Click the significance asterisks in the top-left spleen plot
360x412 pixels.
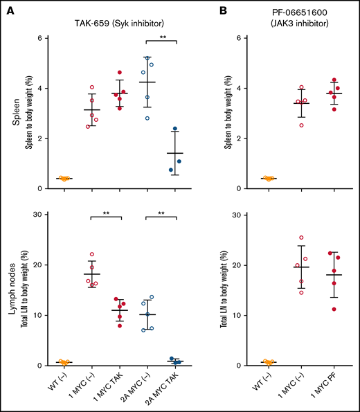coord(161,37)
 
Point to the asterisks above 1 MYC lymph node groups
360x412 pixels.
coord(106,214)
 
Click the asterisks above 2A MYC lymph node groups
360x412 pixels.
coord(161,214)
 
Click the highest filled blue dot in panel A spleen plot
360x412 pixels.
coord(175,129)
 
